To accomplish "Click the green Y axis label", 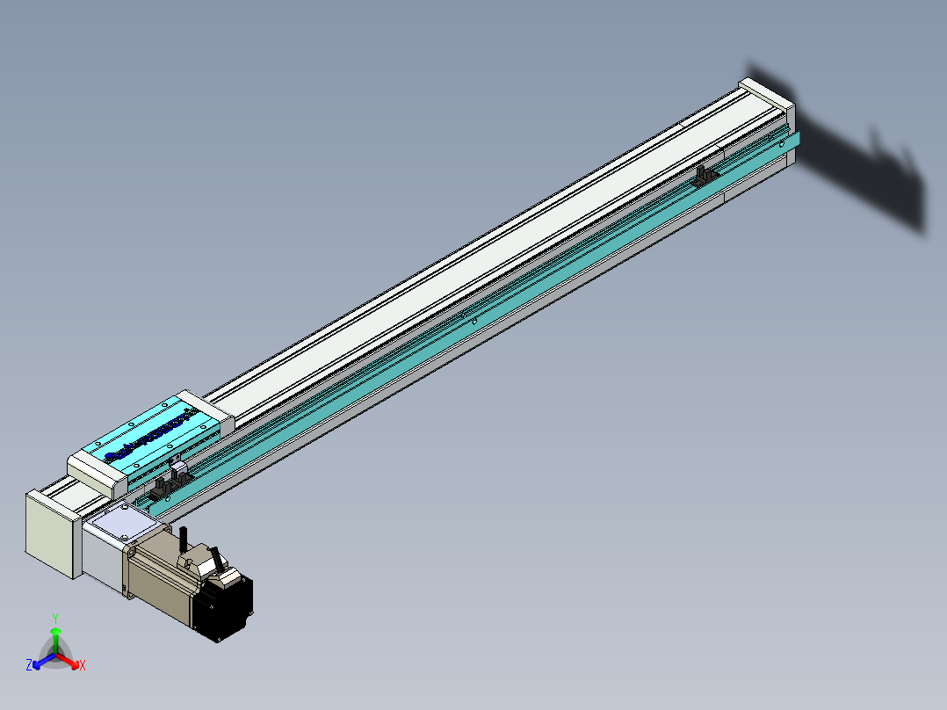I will point(55,618).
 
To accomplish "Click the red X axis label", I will point(83,666).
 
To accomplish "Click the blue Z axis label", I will point(28,666).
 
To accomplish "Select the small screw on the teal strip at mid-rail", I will point(474,322).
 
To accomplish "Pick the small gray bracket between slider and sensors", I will point(176,466).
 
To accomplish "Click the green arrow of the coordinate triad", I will point(55,638).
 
